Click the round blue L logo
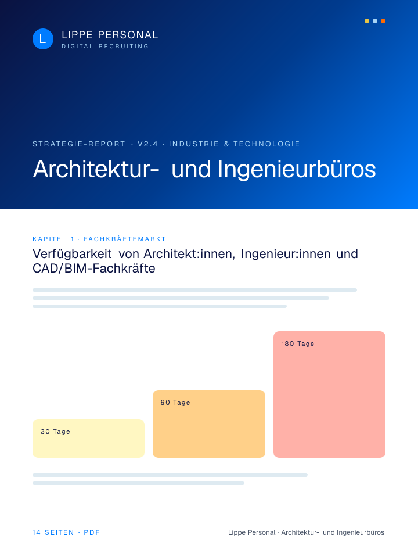point(42,39)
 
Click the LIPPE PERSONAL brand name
point(110,35)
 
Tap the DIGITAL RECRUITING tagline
point(105,46)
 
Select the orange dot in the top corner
point(383,21)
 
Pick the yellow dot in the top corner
point(367,21)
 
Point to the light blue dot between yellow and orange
point(375,21)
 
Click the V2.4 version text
point(147,144)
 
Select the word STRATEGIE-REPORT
point(79,144)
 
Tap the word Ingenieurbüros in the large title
point(297,169)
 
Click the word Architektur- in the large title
point(96,169)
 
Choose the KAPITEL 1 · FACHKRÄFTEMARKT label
point(99,239)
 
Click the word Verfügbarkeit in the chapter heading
point(72,254)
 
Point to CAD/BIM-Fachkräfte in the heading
point(94,269)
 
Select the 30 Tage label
point(55,431)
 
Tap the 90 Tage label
point(175,402)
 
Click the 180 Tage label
point(297,344)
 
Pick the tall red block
point(329,395)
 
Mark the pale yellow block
point(88,438)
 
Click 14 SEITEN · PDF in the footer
point(66,532)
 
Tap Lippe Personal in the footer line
point(251,532)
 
